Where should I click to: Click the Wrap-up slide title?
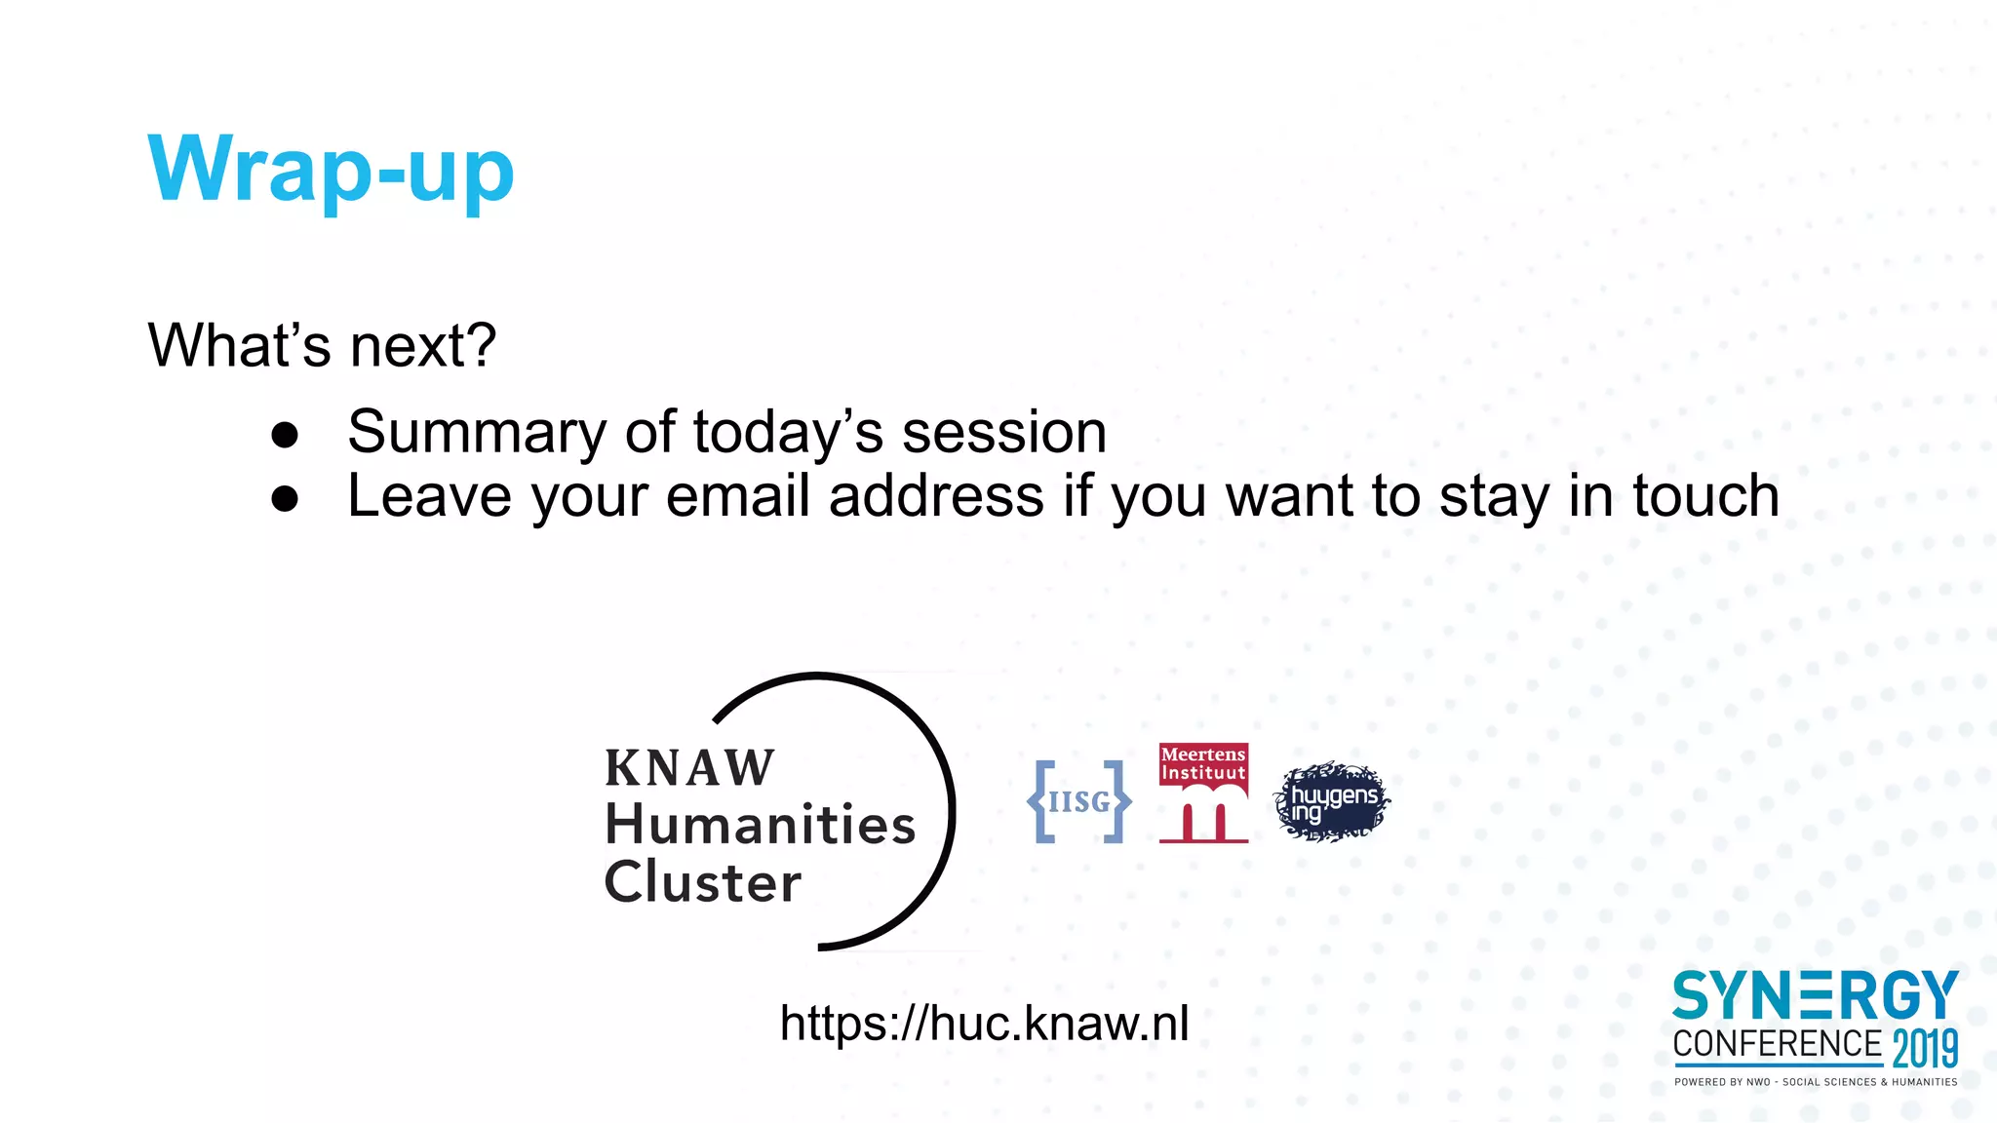tap(331, 170)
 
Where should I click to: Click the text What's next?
tap(322, 345)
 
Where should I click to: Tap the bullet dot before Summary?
tap(285, 435)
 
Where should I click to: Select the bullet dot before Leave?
tap(285, 499)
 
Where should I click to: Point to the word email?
tap(737, 496)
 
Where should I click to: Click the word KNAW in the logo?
tap(689, 768)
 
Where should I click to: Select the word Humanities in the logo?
tap(760, 825)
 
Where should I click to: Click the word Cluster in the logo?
tap(703, 882)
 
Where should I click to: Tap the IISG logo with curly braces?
tap(1079, 801)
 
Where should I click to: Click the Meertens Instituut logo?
tap(1203, 793)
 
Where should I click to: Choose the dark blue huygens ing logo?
tap(1332, 802)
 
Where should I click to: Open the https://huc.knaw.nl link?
tap(984, 1024)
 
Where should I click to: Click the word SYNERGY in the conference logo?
tap(1815, 996)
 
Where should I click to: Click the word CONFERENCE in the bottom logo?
tap(1777, 1044)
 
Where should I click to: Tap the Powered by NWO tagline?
tap(1816, 1082)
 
